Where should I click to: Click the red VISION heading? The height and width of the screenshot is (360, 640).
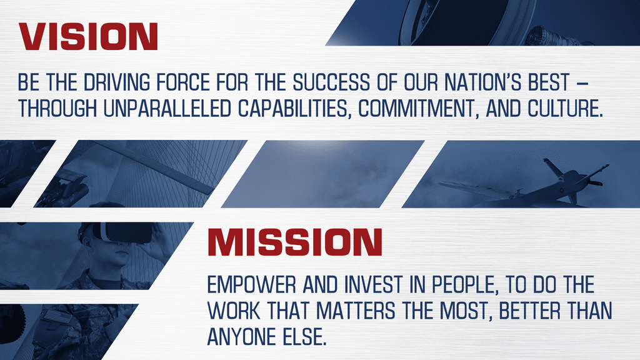click(x=88, y=37)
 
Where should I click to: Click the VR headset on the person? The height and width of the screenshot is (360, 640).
click(x=125, y=232)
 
